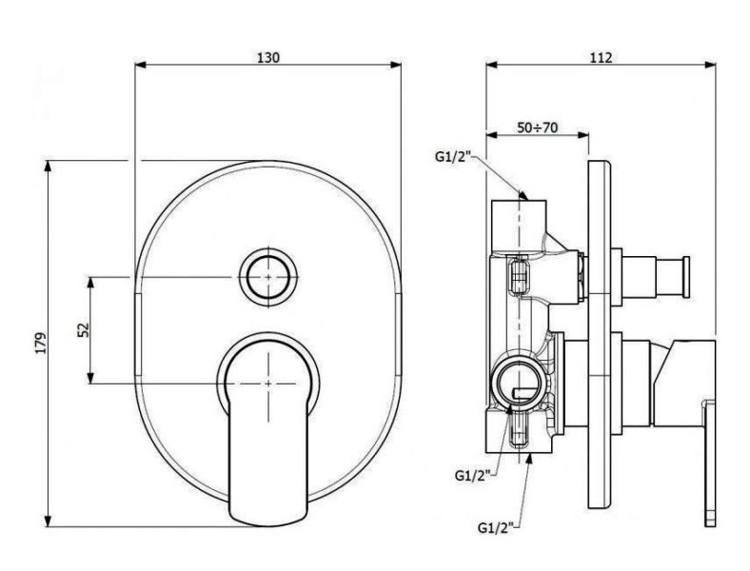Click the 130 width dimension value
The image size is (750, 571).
point(267,57)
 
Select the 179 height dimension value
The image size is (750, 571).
point(41,343)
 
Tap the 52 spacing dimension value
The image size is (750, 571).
point(83,330)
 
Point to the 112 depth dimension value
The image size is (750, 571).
point(601,57)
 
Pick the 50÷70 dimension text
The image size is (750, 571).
point(537,128)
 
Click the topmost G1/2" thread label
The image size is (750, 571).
point(453,156)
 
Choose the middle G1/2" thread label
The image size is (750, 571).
point(473,475)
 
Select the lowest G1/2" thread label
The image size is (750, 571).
point(496,528)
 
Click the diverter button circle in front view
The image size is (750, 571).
point(268,277)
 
